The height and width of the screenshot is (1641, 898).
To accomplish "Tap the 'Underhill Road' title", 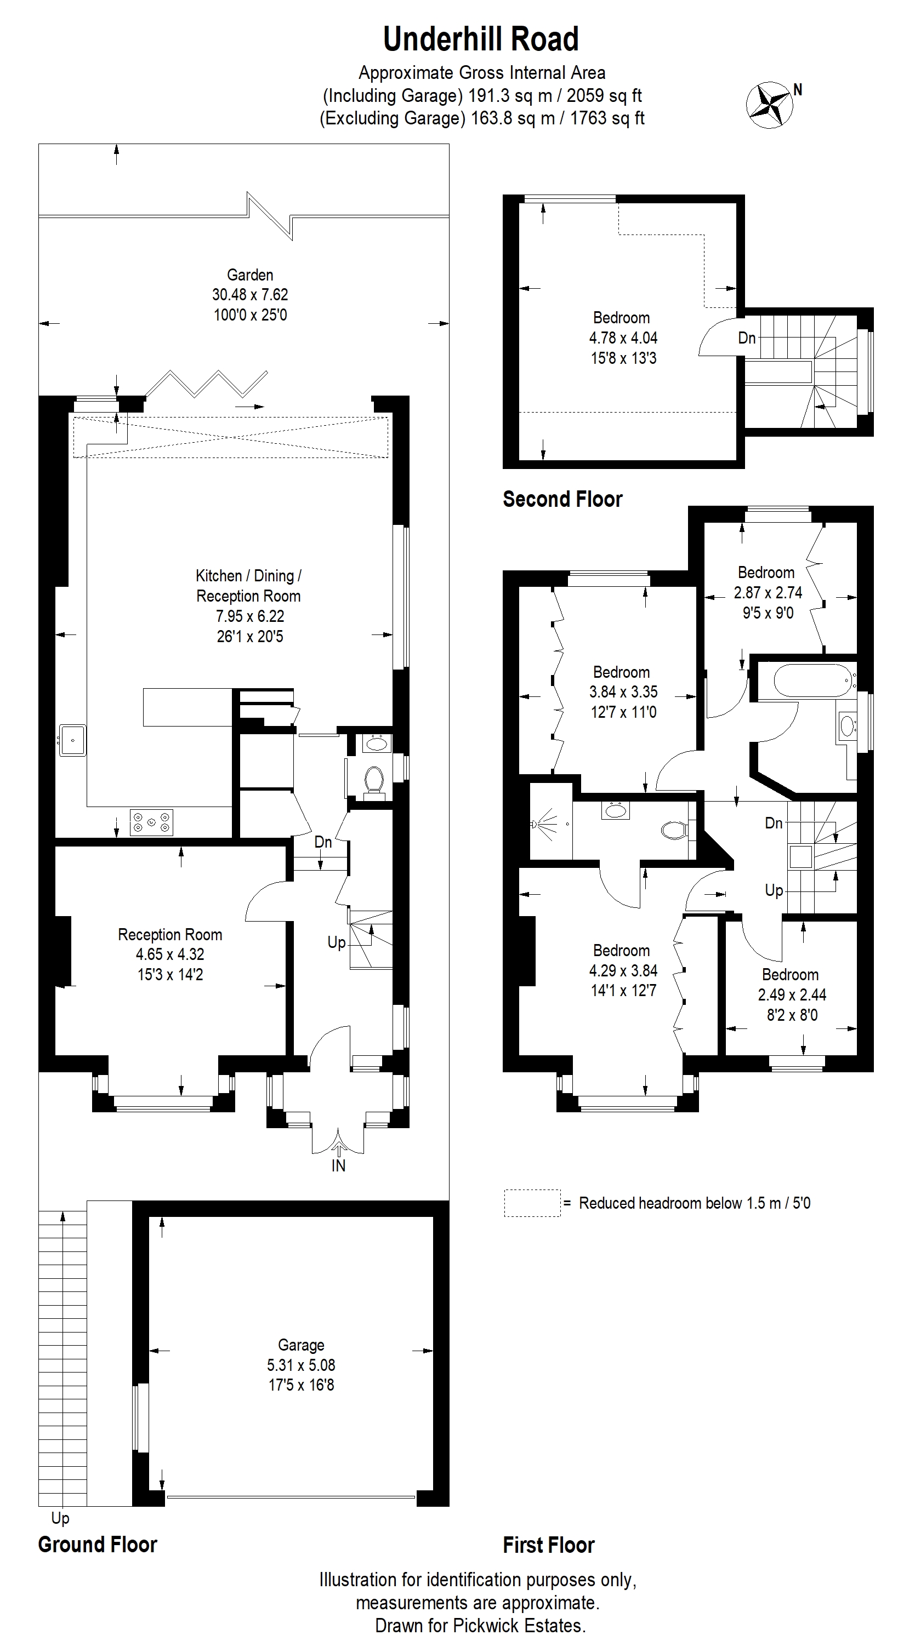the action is pos(481,39).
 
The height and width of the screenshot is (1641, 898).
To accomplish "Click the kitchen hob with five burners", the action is pos(151,822).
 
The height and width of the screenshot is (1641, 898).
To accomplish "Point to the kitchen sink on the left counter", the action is pos(73,740).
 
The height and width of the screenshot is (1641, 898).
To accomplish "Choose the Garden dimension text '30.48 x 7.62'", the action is pos(250,294).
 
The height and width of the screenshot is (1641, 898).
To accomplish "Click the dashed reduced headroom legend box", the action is pos(532,1203).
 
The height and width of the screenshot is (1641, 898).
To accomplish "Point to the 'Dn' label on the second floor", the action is pos(746,338).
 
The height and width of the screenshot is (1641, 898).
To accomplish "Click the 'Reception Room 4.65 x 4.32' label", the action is pos(170,944).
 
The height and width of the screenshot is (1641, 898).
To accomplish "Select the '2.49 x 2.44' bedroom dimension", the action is pos(792,994).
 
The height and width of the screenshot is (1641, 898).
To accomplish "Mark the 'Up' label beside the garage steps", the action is pos(60,1519).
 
